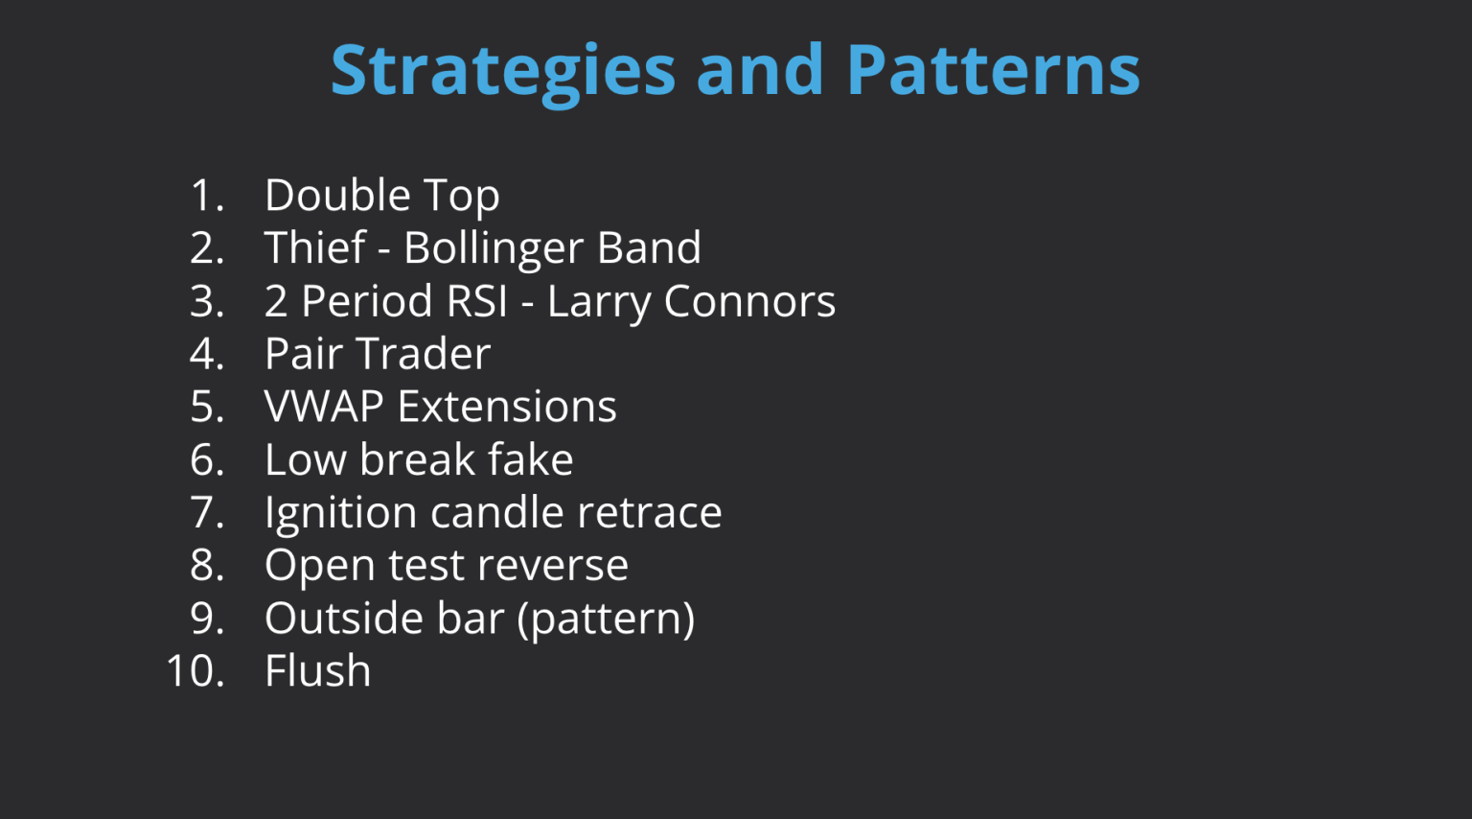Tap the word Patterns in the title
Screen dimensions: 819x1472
click(993, 71)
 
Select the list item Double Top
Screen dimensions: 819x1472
click(381, 196)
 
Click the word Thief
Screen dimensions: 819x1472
click(315, 248)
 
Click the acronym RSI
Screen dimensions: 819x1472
click(475, 301)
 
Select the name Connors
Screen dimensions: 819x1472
click(749, 301)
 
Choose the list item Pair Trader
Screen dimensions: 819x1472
click(378, 354)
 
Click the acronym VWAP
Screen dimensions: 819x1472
click(324, 407)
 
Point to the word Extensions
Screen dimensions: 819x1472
click(507, 407)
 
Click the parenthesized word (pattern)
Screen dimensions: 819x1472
click(606, 619)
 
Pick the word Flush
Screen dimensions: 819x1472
click(317, 670)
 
